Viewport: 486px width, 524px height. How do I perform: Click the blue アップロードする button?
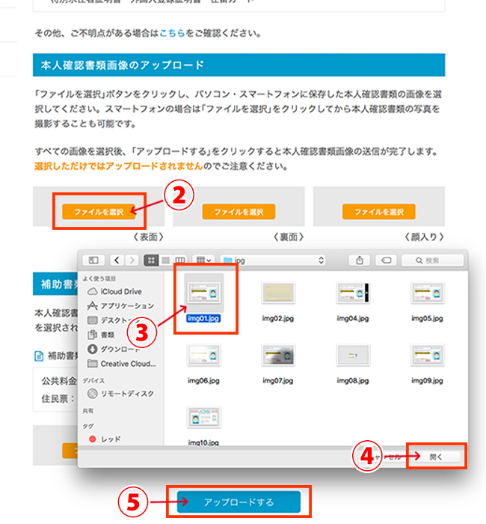239,502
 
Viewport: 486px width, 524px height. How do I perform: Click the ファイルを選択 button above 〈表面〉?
99,212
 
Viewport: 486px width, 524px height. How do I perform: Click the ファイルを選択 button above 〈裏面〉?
239,212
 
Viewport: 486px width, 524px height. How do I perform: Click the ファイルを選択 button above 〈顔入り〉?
378,212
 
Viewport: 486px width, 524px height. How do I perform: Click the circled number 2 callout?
179,195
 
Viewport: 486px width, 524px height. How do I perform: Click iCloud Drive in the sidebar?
120,290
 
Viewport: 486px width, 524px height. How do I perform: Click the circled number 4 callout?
367,455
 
